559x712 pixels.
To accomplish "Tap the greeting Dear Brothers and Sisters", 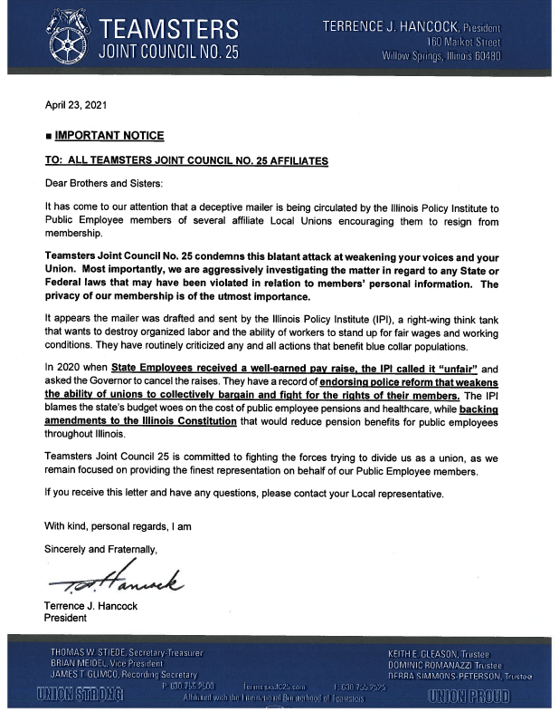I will (x=100, y=183).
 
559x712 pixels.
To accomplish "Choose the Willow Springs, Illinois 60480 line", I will (x=441, y=56).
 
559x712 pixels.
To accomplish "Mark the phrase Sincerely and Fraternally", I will (x=101, y=548).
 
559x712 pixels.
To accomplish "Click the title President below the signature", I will (x=66, y=619).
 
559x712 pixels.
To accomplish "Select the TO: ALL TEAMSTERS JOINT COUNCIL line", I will (x=186, y=159).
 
